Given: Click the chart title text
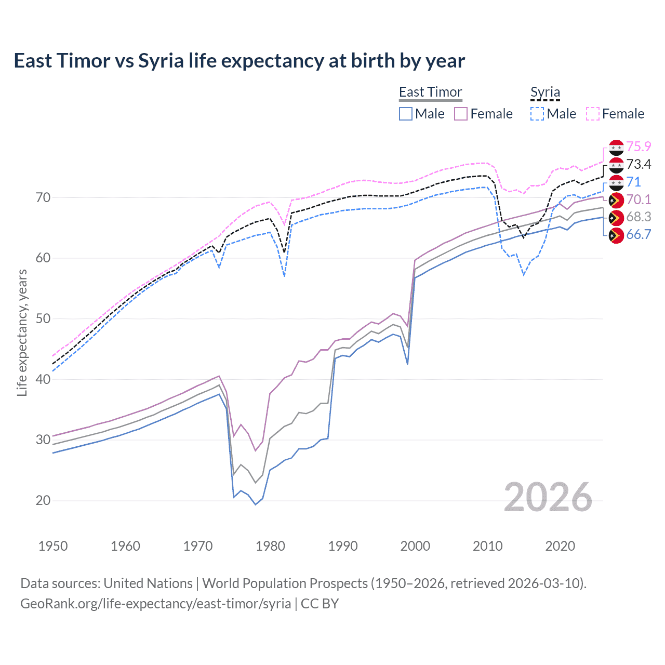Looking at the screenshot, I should pos(239,61).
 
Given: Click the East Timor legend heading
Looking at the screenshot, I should pos(430,92).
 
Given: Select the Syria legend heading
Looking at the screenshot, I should pos(545,92).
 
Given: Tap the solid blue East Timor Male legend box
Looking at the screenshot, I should pos(406,114).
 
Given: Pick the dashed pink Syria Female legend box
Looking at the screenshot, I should pos(593,114).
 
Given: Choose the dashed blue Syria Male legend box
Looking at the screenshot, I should pos(537,114).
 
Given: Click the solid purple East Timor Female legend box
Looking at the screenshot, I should pos(461,114).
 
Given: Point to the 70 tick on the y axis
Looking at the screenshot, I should pos(43,197).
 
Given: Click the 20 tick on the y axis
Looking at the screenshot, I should pos(43,500).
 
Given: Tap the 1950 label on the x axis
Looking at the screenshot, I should pos(53,546).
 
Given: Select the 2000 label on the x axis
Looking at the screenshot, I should pos(415,546).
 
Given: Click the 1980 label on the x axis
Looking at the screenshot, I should pos(270,546).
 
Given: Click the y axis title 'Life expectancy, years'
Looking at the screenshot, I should pos(22,332).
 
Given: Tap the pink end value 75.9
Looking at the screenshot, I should pos(639,147).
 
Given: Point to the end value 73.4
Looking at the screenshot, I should pos(639,165).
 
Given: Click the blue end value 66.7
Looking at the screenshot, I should pos(639,235).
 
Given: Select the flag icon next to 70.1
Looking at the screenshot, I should pos(616,200).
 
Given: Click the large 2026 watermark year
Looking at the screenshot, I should pos(548,497).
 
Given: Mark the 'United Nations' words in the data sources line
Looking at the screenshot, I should pos(148,583).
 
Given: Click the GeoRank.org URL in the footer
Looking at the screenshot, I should pos(156,604).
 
